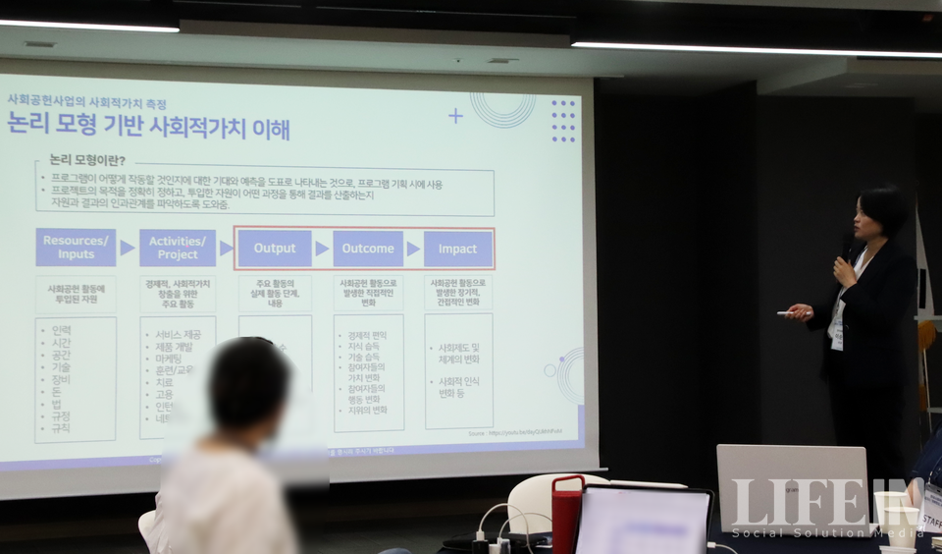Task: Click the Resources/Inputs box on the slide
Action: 76,248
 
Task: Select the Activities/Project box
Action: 178,248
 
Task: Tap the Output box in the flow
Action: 275,249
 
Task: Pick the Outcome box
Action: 368,249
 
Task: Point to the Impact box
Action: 457,249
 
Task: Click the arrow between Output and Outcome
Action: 322,249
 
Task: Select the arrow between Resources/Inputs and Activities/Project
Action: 128,248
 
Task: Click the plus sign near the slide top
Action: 455,116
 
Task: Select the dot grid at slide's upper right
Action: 563,120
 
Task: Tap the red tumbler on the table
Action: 566,514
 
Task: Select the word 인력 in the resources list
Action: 61,330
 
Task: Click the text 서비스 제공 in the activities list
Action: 178,335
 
